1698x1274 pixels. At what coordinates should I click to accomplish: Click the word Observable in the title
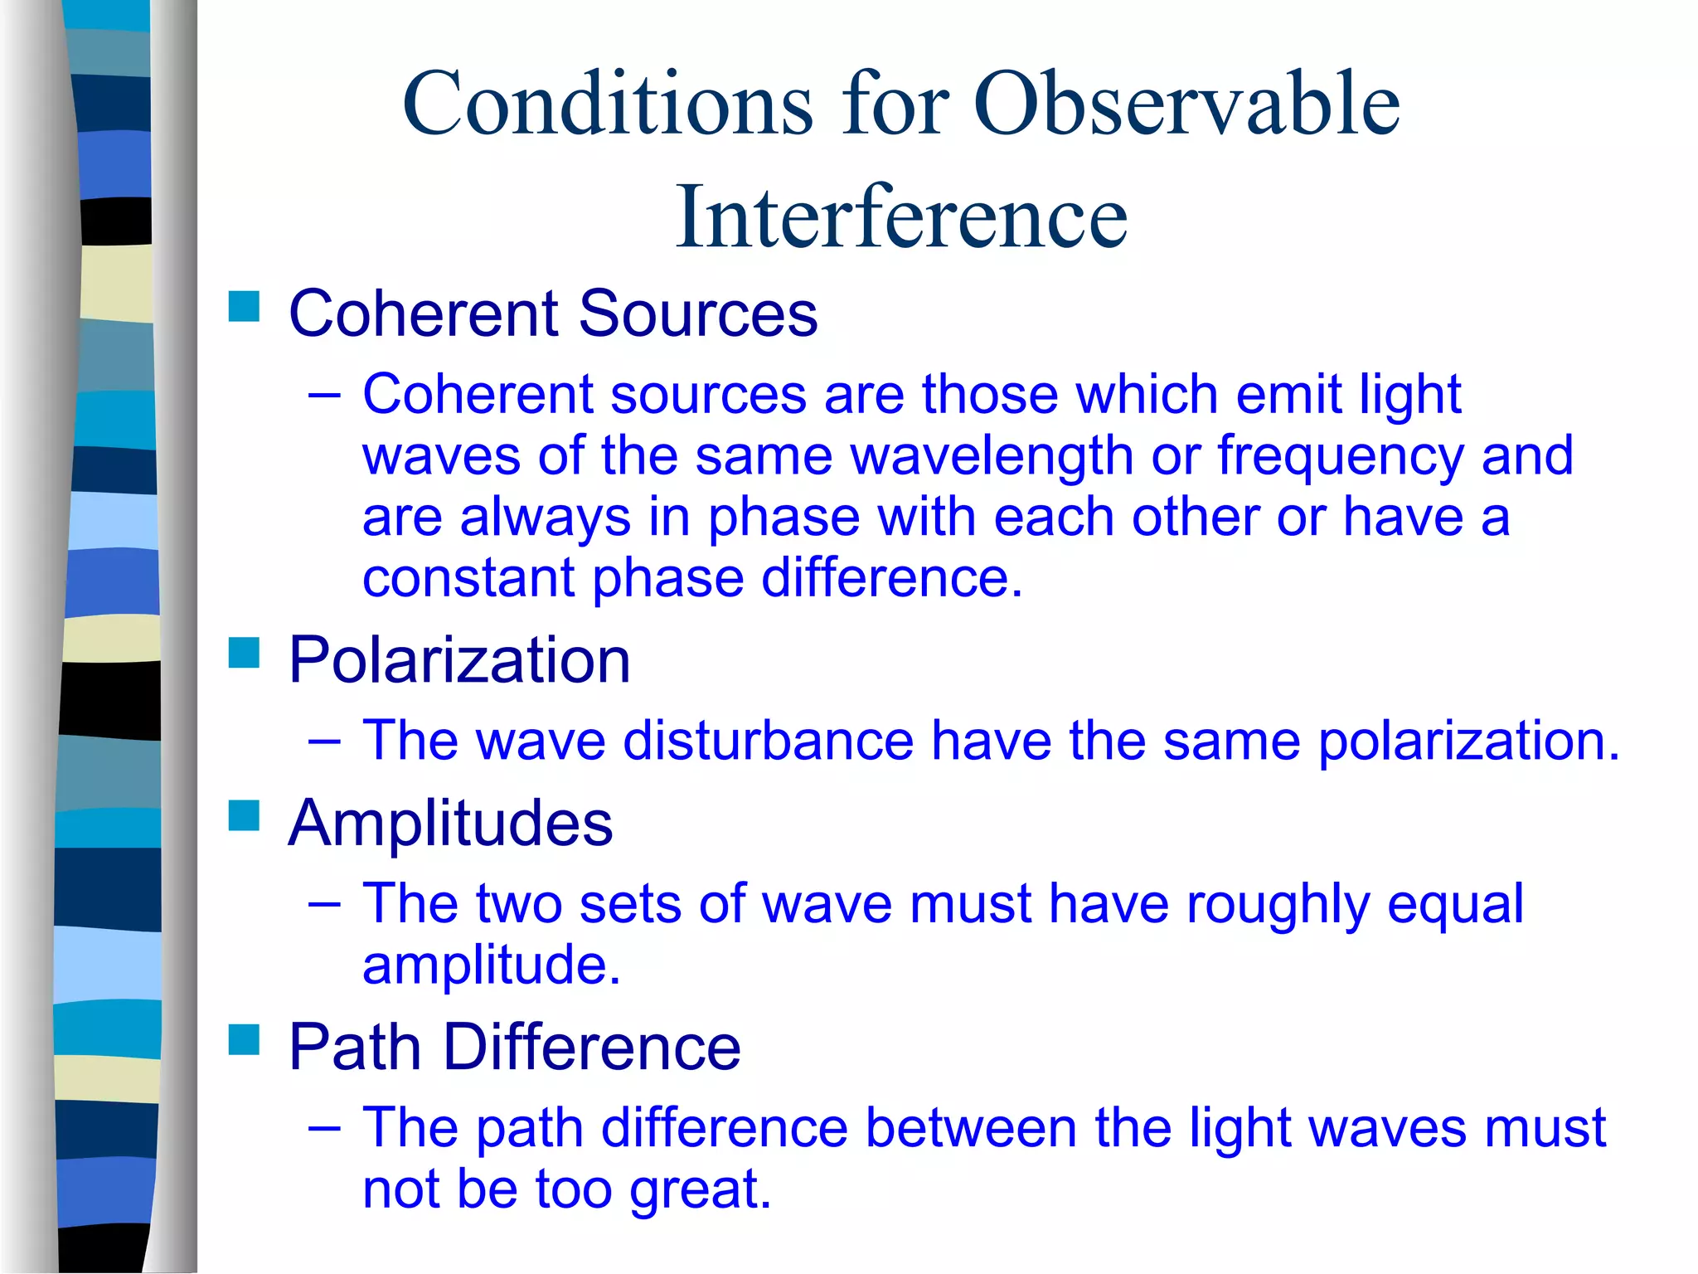(1186, 104)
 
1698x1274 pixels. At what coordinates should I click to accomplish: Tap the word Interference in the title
(901, 217)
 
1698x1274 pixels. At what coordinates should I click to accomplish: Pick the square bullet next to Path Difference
(244, 1038)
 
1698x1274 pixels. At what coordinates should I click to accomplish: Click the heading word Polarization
(459, 660)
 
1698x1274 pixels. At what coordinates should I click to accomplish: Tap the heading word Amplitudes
(450, 823)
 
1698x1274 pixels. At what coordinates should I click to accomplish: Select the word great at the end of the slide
(700, 1190)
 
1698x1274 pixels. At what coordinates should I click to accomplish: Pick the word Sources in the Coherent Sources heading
(697, 314)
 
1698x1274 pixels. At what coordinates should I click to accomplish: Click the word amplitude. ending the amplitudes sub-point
(491, 965)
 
